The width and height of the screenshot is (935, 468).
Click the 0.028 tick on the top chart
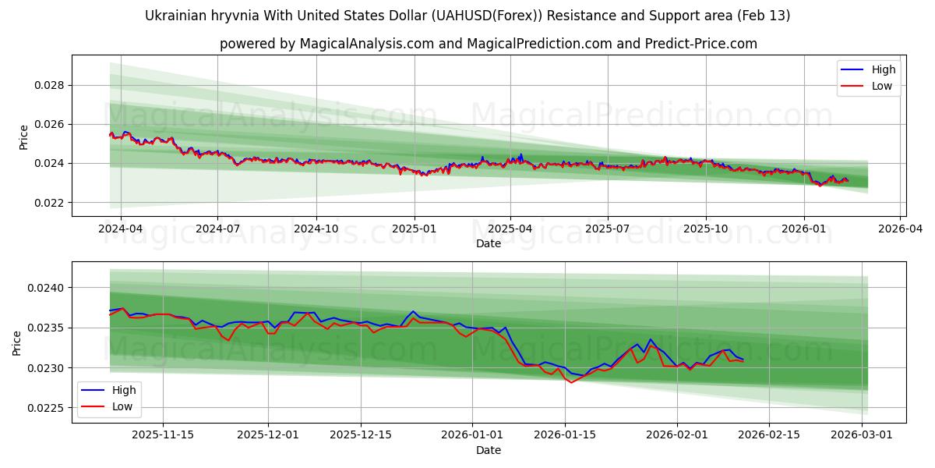click(x=50, y=85)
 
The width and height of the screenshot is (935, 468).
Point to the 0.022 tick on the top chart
click(x=50, y=203)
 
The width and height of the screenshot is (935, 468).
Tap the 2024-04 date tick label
click(x=121, y=229)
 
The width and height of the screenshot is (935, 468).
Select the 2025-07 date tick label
click(x=607, y=229)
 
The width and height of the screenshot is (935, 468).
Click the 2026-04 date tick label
click(x=900, y=229)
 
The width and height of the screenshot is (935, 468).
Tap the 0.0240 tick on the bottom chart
click(x=47, y=288)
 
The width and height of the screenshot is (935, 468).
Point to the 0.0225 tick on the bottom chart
click(x=47, y=408)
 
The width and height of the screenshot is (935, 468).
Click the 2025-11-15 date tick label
click(x=163, y=435)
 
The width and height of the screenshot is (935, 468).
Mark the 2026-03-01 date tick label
click(x=862, y=435)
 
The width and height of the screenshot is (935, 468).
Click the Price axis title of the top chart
click(x=23, y=136)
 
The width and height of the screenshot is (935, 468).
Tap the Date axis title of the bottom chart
click(x=489, y=450)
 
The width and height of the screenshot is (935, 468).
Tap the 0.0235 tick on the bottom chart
click(x=47, y=328)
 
